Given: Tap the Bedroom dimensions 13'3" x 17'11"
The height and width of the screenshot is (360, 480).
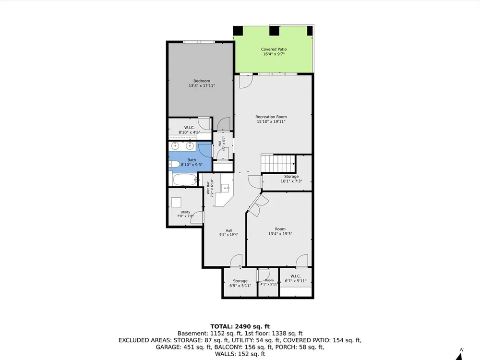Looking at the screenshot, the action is (202, 86).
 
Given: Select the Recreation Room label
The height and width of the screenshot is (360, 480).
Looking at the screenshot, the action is (271, 117).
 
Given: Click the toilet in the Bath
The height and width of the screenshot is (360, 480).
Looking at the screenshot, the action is (175, 164).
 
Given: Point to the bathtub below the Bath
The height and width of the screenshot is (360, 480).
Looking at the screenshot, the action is (184, 180).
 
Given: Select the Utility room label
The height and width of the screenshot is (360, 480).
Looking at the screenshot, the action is (185, 212).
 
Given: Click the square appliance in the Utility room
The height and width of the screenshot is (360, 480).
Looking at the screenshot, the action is (176, 203).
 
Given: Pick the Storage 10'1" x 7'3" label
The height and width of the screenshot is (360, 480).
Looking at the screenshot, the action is (291, 179).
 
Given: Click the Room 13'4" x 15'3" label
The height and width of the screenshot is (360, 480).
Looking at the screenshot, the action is (280, 231).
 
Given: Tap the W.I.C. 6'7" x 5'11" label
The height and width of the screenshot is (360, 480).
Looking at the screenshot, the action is (295, 278).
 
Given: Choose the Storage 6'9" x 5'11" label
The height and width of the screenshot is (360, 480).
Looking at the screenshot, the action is (240, 283).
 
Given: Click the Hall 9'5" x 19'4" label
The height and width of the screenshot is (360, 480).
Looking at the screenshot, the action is (228, 233).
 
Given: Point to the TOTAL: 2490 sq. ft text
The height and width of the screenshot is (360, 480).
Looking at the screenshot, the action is (240, 326).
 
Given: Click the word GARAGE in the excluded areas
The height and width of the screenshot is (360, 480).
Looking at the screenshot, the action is (168, 347).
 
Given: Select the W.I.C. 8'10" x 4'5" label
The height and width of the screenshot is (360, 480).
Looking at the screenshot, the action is (189, 130).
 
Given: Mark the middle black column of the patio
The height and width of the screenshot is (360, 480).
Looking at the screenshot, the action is (274, 31).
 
